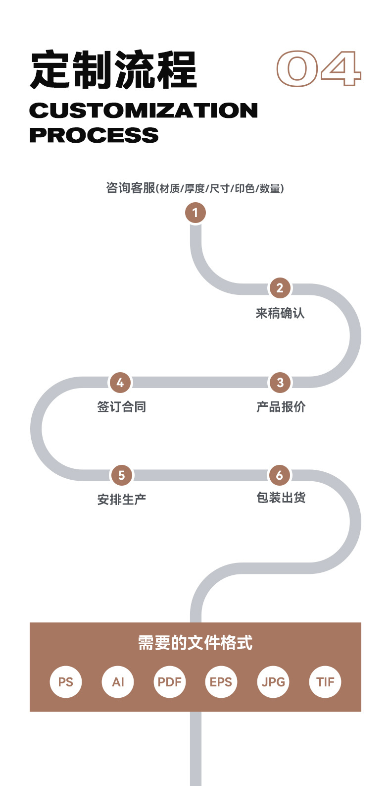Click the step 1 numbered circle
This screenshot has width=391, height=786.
coord(195,213)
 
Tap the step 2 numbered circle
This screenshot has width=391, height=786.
coord(280,288)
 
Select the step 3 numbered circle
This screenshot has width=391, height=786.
coord(280,383)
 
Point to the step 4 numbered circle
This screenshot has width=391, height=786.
coord(120,383)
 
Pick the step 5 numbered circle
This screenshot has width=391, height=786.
coord(121,475)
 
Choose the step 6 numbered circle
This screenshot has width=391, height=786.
coord(279,475)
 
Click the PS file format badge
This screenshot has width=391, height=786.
coord(65,682)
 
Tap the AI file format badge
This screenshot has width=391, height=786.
coord(118,682)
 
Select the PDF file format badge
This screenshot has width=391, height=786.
coord(170,682)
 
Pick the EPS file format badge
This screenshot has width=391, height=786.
coord(221,682)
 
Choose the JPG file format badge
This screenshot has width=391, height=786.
coord(273,682)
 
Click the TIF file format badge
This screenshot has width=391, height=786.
coord(325,682)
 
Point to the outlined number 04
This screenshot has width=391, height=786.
coord(319,68)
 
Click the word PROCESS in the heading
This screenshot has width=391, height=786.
coord(94,135)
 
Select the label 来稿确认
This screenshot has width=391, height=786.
coord(280,313)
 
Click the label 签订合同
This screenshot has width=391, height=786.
coord(122,407)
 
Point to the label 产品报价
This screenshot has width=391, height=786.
coord(281,407)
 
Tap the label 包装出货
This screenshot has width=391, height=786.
coord(281,497)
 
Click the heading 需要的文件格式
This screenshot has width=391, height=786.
coord(195,643)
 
